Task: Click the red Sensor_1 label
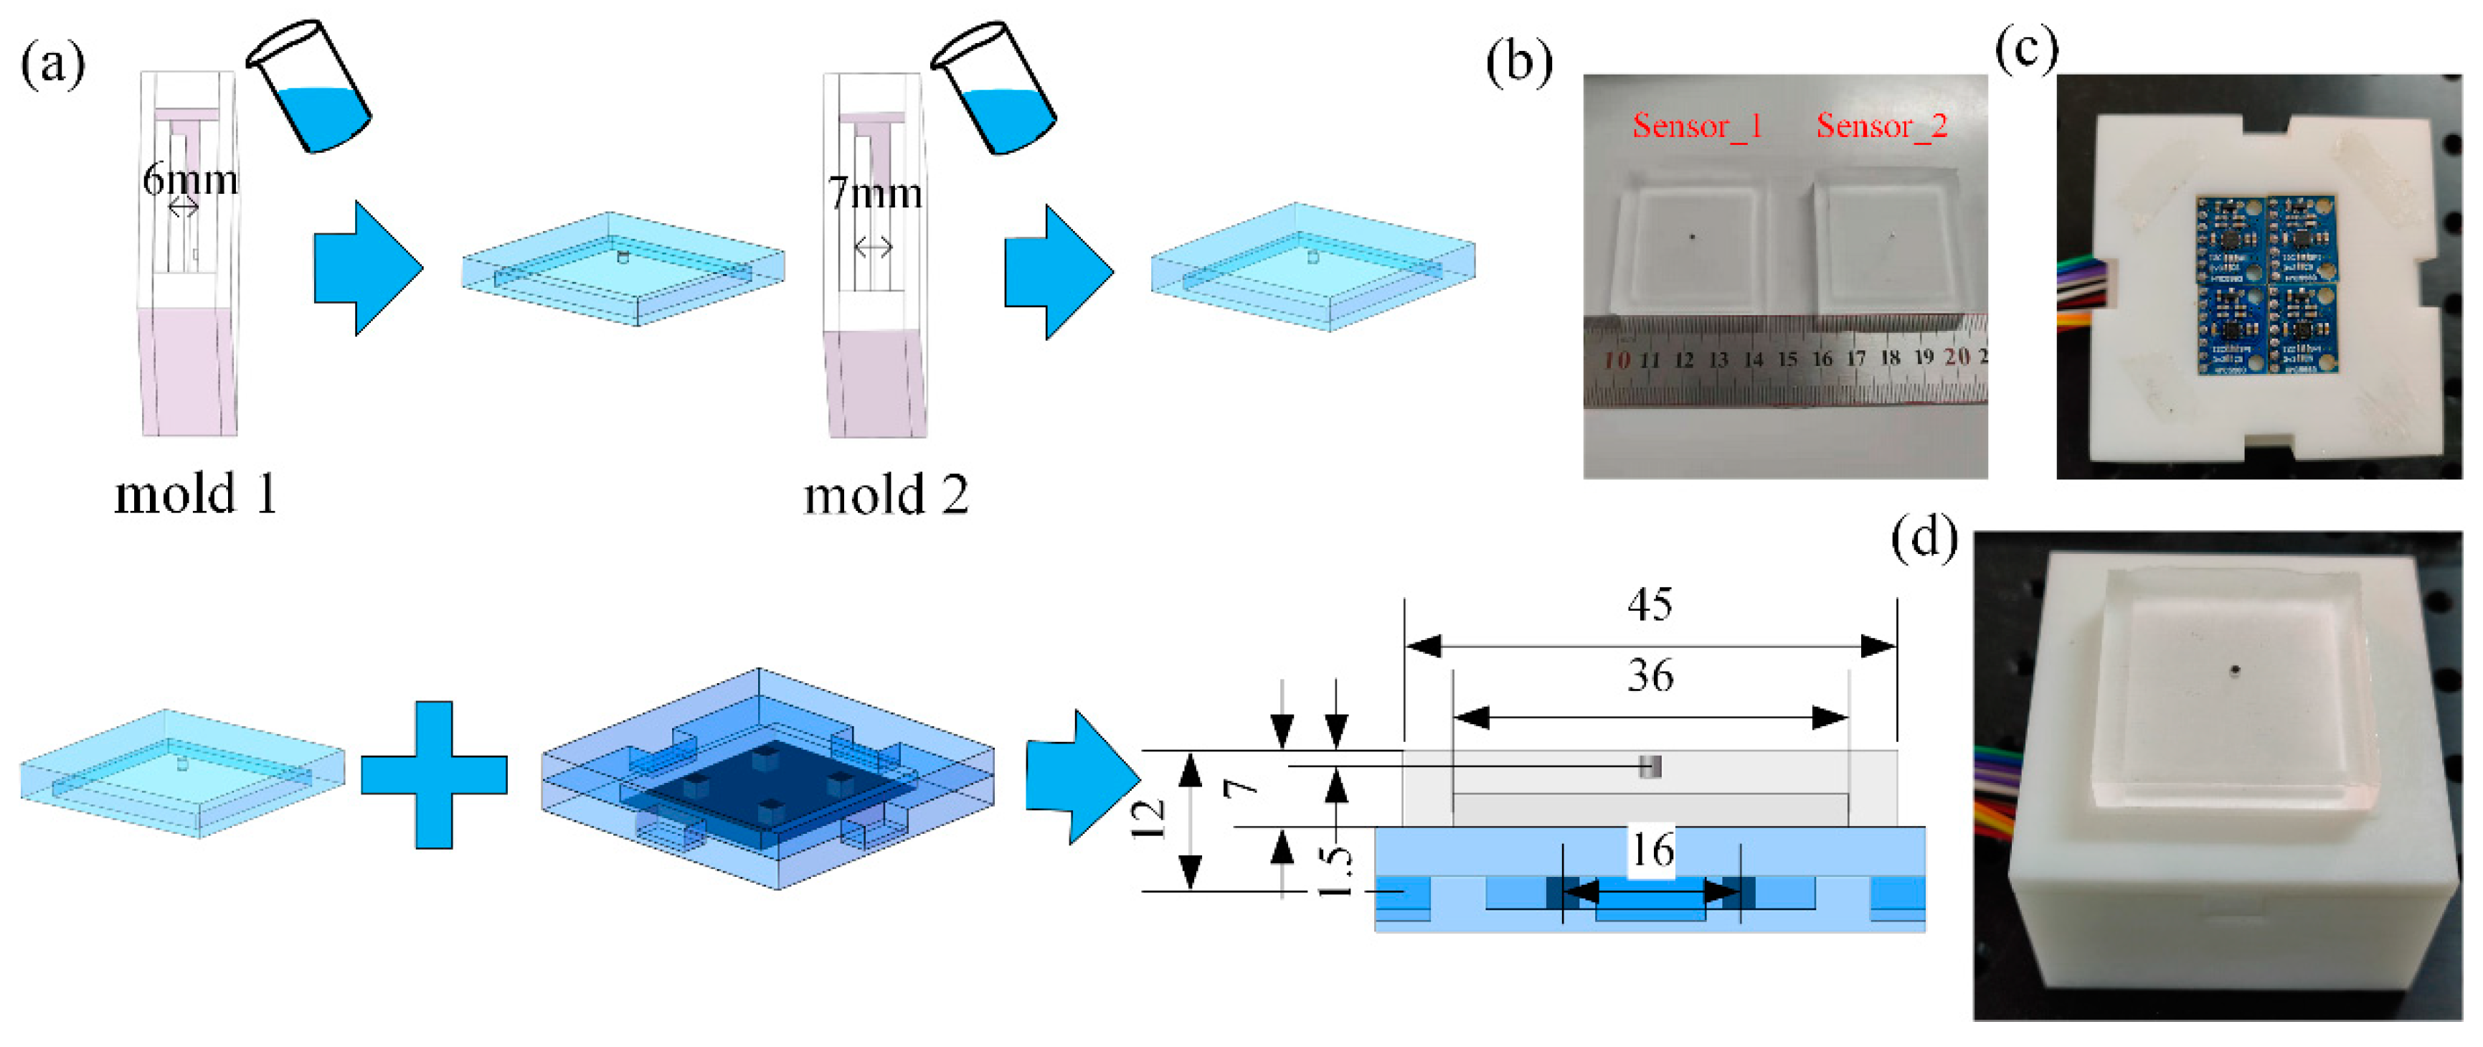(1696, 126)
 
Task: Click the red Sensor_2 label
(1881, 126)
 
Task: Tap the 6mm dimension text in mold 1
(190, 179)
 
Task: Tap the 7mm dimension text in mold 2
(874, 194)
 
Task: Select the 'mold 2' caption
(885, 496)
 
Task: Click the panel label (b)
(1519, 64)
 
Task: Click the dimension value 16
(1651, 850)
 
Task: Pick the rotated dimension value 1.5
(1334, 870)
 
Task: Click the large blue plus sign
(434, 775)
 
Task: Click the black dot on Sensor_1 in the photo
(1693, 236)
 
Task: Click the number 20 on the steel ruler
(1957, 357)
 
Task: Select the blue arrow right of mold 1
(367, 268)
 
